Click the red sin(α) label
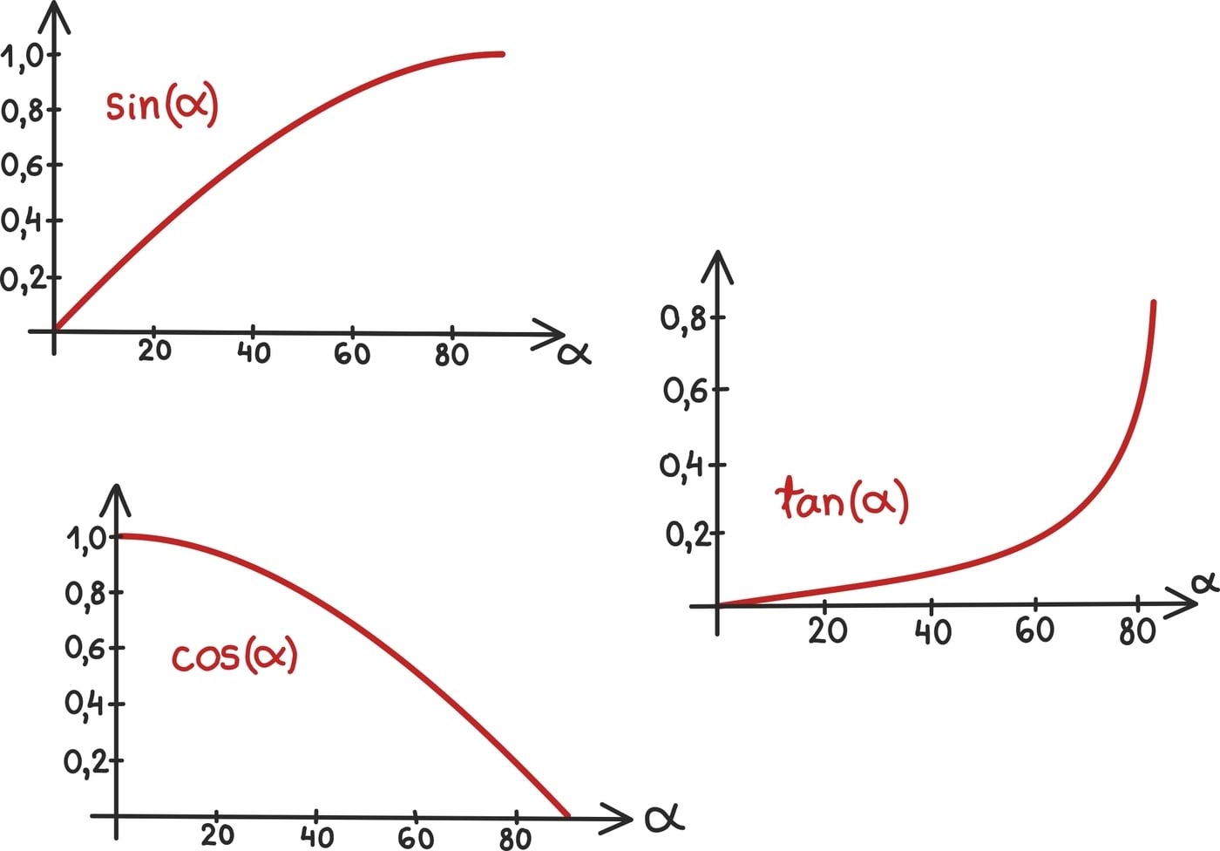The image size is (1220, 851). pos(161,106)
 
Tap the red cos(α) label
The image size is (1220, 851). pos(234,656)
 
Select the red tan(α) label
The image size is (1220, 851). pos(841,500)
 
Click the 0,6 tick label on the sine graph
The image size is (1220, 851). pos(21,166)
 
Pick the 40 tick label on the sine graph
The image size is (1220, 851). pos(254,353)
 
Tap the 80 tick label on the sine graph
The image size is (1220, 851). pos(451,355)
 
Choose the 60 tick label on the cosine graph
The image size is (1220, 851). pos(416,838)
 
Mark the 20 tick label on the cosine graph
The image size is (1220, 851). pos(217,835)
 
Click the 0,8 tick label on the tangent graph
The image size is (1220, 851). pos(683,319)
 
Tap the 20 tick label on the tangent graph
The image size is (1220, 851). pos(827,630)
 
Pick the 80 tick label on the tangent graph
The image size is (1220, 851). pos(1137,630)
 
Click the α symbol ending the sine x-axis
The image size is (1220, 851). pos(574,353)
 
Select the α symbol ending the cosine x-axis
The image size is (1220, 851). pos(664,819)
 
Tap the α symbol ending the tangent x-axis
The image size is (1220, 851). pos(1205,582)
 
